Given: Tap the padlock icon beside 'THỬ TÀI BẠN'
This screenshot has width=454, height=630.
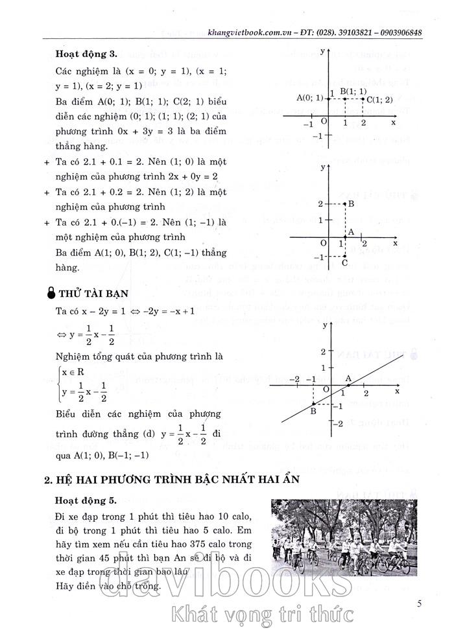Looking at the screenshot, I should point(53,293).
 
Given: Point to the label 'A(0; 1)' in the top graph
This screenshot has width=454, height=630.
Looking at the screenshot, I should point(309,98).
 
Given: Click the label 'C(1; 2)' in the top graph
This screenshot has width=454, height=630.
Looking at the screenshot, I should point(379,99).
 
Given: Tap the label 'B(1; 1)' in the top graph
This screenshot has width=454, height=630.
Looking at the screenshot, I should point(353,91).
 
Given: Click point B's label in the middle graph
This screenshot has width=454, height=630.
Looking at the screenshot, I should point(351,204).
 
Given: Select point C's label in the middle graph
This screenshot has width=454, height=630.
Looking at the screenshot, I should point(344,263).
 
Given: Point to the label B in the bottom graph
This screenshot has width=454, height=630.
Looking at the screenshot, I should point(313,411).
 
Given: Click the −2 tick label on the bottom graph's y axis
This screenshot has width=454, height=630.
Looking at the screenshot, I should point(337,423).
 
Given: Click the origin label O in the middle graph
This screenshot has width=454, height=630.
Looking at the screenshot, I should point(323,244).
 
